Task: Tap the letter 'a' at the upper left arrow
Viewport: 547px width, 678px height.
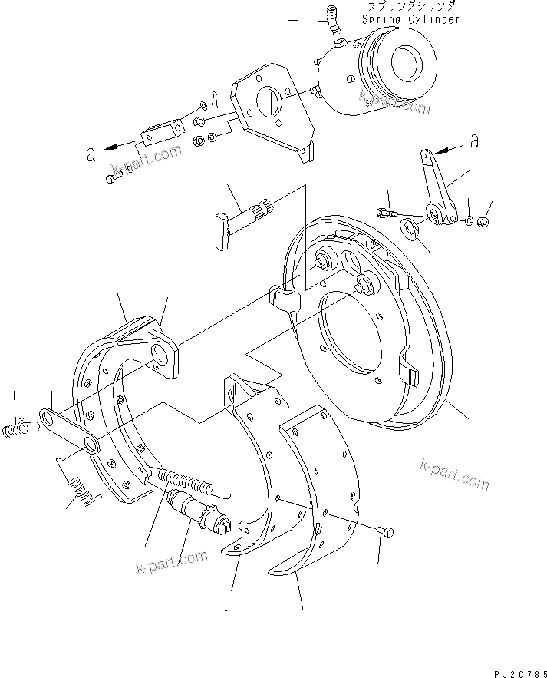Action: point(91,154)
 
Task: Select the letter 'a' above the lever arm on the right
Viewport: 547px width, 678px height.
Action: point(474,141)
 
